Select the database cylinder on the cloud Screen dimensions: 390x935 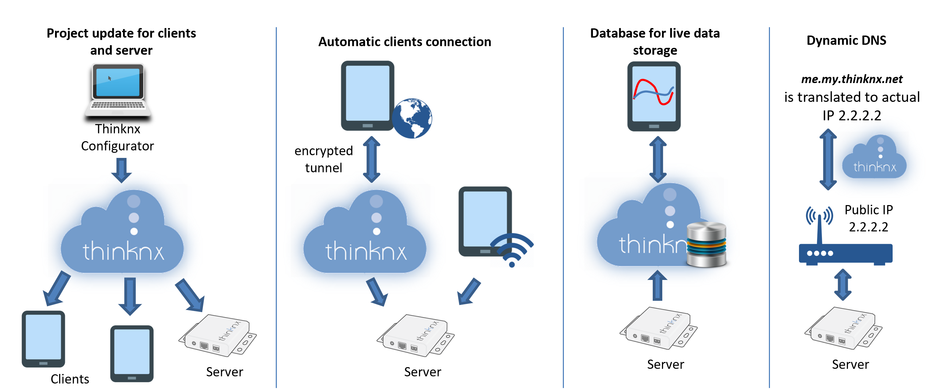(706, 244)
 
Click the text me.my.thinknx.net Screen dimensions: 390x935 (852, 79)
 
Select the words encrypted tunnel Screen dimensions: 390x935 (323, 159)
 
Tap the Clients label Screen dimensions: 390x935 (70, 379)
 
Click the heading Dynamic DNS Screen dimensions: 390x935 (846, 40)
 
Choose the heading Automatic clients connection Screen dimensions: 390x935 (404, 42)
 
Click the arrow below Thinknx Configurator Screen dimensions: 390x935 (121, 170)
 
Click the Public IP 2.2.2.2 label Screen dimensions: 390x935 (868, 218)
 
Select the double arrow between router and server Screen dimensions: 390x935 (843, 284)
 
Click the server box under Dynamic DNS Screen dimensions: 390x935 (843, 328)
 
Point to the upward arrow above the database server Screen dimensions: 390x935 (657, 285)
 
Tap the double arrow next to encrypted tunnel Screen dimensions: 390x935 (372, 159)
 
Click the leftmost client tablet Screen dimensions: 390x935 (43, 338)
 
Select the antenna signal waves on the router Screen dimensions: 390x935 (819, 216)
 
